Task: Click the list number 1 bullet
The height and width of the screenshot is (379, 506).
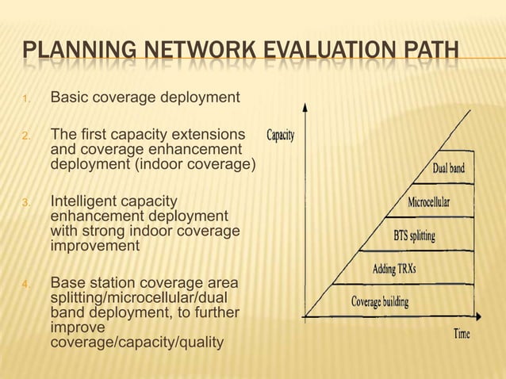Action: pos(26,99)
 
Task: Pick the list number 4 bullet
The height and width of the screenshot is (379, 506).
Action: pos(26,283)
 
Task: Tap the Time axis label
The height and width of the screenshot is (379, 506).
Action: pos(462,334)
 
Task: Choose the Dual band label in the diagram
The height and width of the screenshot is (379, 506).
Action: pos(448,168)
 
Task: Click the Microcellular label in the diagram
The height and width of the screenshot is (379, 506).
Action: pos(428,202)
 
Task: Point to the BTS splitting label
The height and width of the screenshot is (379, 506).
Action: pos(414,235)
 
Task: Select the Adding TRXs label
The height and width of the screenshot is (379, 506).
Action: pos(394,269)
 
